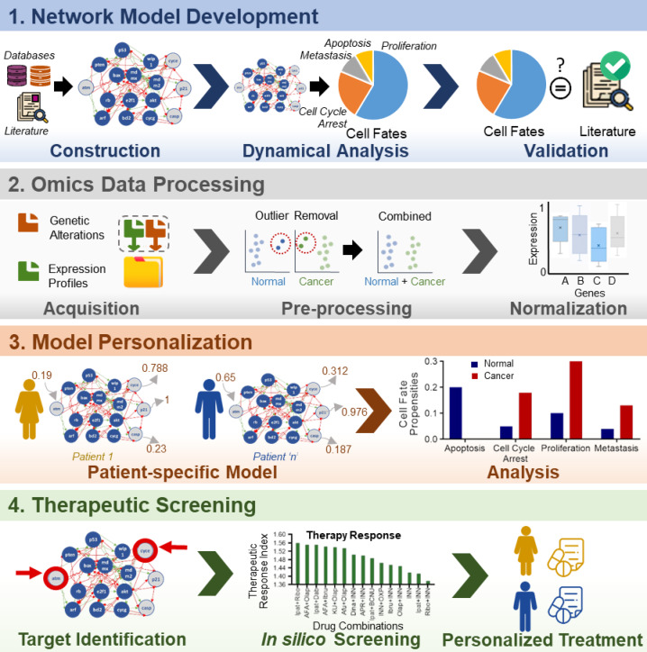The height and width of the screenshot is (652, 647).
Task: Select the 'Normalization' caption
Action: [568, 309]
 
